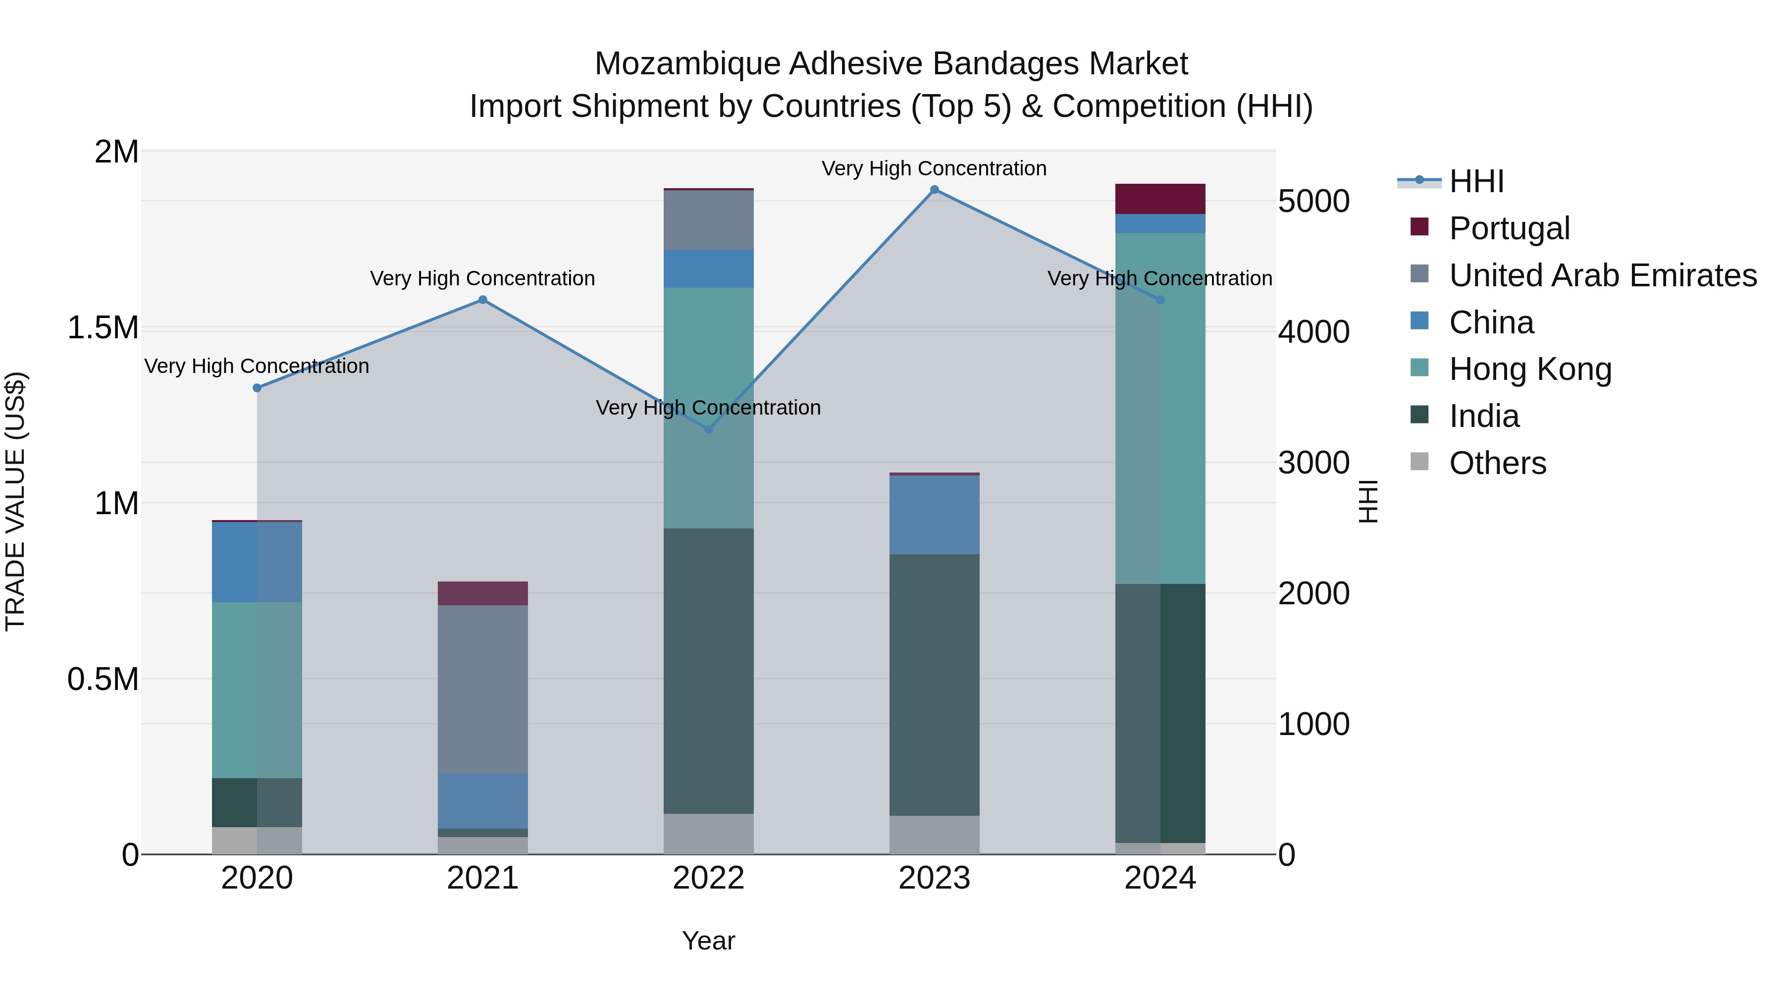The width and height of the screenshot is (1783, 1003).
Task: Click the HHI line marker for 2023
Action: coord(935,190)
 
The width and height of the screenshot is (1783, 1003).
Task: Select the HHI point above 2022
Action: coord(708,429)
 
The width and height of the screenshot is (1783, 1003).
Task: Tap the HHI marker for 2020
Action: coord(257,388)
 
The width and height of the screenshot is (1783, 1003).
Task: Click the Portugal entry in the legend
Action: coord(1509,228)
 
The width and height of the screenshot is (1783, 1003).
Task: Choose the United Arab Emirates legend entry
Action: coord(1602,275)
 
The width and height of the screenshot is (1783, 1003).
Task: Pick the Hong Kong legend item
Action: coord(1530,369)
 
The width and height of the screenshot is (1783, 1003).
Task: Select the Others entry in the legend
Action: coord(1497,463)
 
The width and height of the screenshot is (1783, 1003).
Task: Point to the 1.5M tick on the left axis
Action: coord(103,327)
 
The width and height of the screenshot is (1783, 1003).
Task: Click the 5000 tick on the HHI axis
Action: coord(1313,202)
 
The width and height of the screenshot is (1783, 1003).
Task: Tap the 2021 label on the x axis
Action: coord(482,878)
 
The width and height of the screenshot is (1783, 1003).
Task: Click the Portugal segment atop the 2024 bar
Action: coord(1160,199)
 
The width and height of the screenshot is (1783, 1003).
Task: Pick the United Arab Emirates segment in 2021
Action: coord(482,689)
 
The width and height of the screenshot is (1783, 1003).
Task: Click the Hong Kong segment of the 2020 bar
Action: coord(257,689)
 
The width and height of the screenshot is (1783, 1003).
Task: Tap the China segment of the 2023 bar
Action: coord(935,514)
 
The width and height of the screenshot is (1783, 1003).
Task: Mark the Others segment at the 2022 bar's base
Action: coord(708,834)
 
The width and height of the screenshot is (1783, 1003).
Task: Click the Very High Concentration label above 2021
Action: coord(482,278)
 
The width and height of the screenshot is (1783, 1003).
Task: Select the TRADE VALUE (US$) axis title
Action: coord(15,501)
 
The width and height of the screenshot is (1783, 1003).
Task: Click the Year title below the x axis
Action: coord(708,941)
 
